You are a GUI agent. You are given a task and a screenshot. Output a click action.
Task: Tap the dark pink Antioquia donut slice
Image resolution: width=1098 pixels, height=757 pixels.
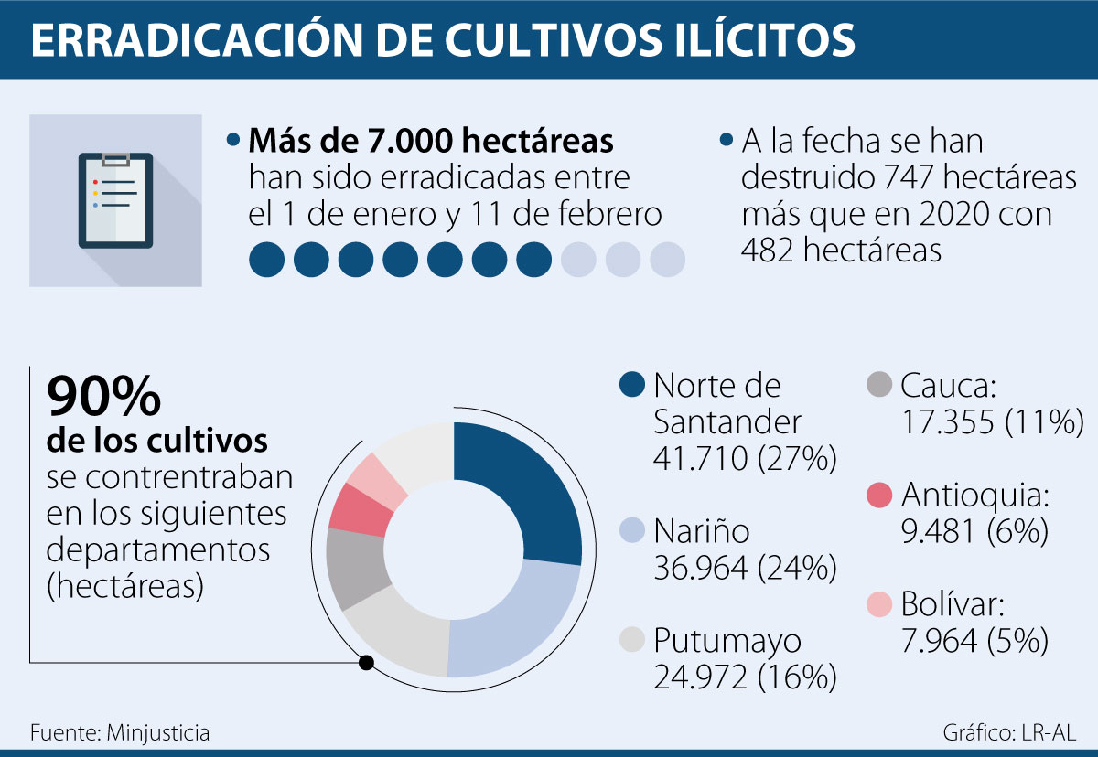pyautogui.click(x=359, y=509)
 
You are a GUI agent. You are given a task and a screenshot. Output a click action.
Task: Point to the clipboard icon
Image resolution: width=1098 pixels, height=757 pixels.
pyautogui.click(x=115, y=200)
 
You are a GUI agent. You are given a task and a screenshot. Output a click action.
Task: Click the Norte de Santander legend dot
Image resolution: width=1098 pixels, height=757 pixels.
pyautogui.click(x=633, y=386)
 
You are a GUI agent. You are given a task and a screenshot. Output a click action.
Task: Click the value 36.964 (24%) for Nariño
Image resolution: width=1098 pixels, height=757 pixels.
pyautogui.click(x=745, y=568)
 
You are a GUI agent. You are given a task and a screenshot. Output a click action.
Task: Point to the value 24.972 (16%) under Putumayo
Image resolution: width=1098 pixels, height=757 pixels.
pyautogui.click(x=745, y=677)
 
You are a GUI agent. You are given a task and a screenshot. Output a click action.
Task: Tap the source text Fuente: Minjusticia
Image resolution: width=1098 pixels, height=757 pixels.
pyautogui.click(x=120, y=732)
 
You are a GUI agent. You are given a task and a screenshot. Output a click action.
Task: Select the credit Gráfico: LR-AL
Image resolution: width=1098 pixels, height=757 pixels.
pyautogui.click(x=1009, y=732)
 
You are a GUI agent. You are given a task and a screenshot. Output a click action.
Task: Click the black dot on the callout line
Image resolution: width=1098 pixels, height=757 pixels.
pyautogui.click(x=366, y=662)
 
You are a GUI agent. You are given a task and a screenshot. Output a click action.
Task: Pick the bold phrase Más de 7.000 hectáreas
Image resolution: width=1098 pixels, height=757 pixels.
pyautogui.click(x=431, y=141)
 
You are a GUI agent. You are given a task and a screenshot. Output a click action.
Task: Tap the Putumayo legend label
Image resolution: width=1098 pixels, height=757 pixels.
pyautogui.click(x=727, y=641)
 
